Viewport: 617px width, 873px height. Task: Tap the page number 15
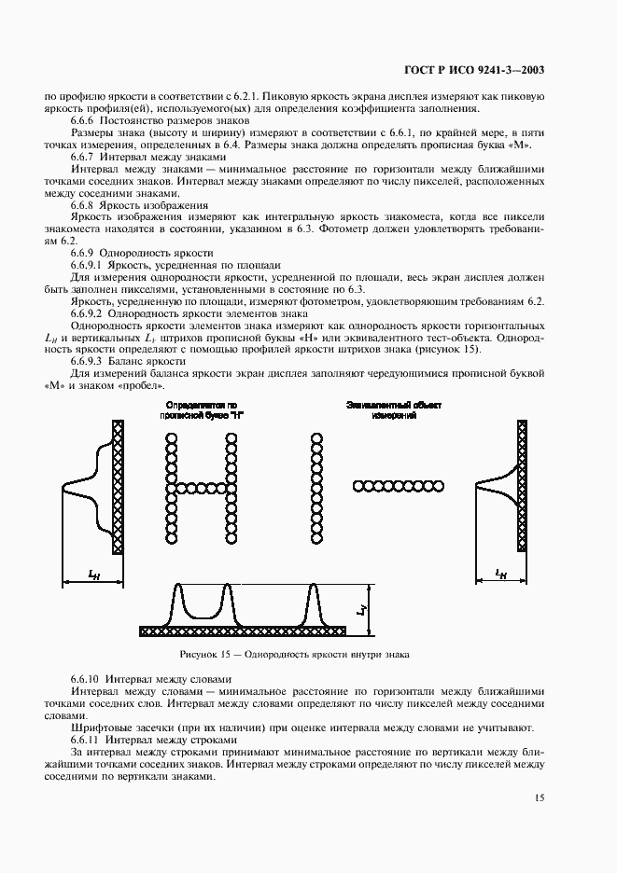(541, 797)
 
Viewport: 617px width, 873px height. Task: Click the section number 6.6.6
(87, 121)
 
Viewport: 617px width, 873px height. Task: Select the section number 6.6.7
(87, 158)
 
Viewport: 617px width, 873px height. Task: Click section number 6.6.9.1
(91, 265)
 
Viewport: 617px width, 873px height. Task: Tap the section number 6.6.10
(89, 678)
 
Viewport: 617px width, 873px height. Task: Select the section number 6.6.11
(89, 739)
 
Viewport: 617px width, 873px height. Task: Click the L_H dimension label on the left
(94, 577)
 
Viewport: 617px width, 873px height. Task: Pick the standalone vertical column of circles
(316, 486)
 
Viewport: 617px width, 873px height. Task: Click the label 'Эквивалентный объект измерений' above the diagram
(393, 410)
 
